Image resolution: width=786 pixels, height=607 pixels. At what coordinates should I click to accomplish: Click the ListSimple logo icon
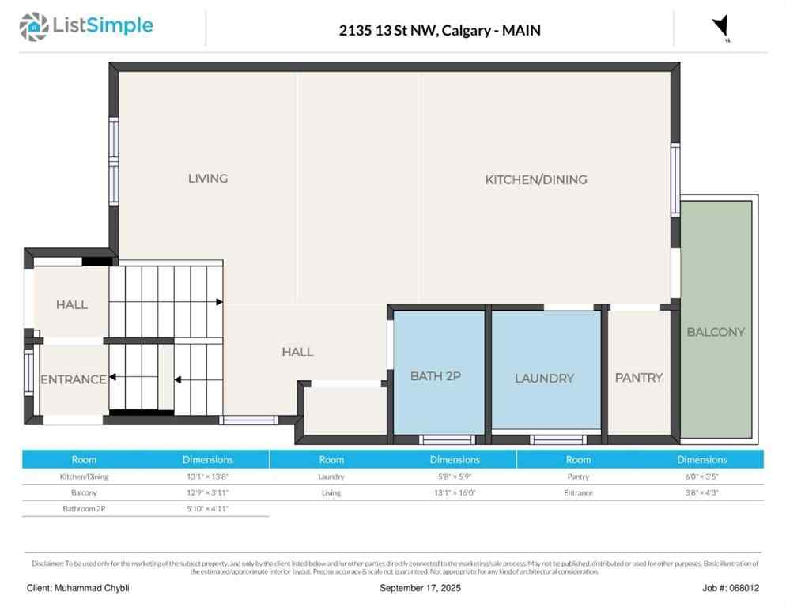click(x=33, y=27)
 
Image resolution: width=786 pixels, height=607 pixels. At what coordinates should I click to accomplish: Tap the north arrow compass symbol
click(x=720, y=27)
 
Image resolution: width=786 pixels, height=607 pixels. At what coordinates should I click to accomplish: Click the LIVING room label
click(x=208, y=179)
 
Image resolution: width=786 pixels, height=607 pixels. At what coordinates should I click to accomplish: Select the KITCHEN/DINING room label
click(x=535, y=179)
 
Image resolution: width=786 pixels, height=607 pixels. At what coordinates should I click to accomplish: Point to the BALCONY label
click(x=715, y=332)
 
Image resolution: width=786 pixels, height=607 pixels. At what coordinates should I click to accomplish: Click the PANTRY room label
click(x=638, y=378)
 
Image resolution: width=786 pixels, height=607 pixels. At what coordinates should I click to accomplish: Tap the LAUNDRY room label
click(x=544, y=379)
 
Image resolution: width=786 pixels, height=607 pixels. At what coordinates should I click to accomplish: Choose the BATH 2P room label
click(x=435, y=376)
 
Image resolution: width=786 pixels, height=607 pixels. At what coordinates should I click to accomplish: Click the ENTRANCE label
click(x=73, y=379)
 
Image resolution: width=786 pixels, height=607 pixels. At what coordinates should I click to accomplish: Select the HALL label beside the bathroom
click(x=297, y=352)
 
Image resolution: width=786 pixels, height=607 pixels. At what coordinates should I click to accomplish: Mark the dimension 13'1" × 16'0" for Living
click(x=454, y=492)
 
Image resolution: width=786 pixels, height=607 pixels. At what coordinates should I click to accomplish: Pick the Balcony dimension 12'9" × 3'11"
click(x=207, y=492)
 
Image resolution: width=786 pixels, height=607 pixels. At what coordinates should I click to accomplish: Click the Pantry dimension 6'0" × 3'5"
click(x=701, y=477)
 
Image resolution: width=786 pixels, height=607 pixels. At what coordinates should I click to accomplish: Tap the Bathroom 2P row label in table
click(x=84, y=508)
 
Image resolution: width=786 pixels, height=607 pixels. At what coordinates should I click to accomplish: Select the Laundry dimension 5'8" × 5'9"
click(x=454, y=477)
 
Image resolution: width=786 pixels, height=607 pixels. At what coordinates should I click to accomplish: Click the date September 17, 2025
click(x=420, y=588)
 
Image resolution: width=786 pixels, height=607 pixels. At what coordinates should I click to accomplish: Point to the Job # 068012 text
click(x=730, y=588)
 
